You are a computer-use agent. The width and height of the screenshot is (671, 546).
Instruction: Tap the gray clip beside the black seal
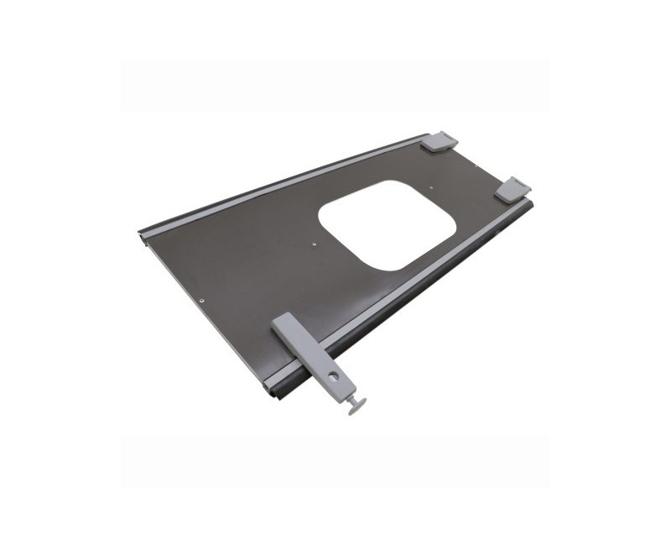[x=512, y=190]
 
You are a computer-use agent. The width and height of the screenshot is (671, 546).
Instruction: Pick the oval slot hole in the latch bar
[x=335, y=375]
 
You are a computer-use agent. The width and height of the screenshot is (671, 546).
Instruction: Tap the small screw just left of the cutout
[x=312, y=244]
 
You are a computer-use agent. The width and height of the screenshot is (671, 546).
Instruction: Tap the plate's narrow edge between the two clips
[x=483, y=163]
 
